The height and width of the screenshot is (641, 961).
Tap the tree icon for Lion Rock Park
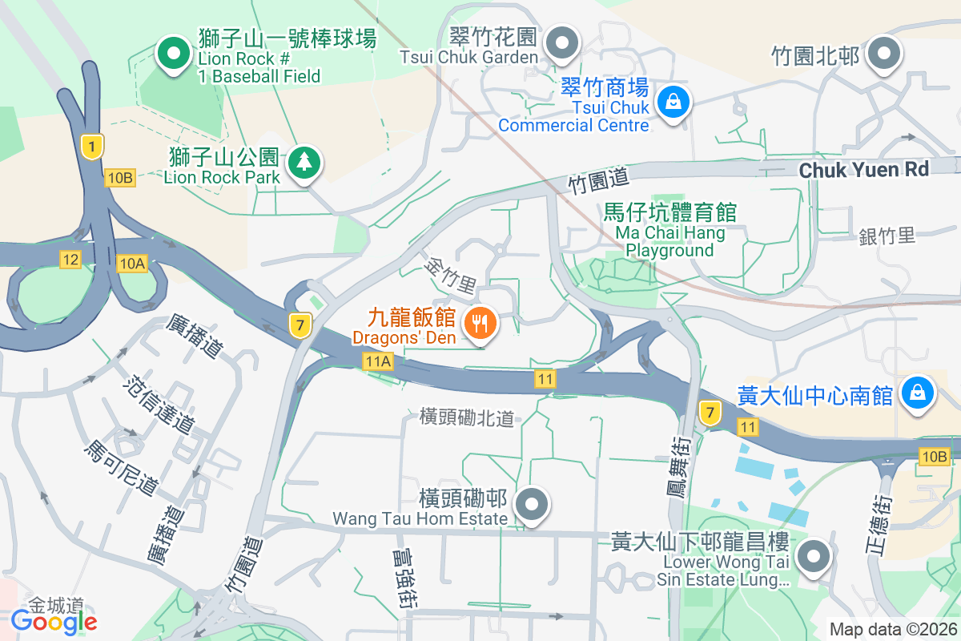pyautogui.click(x=304, y=163)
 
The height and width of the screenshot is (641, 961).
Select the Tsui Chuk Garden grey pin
pyautogui.click(x=563, y=41)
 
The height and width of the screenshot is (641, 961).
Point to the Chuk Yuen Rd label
pyautogui.click(x=863, y=170)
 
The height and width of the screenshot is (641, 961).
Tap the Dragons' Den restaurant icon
pyautogui.click(x=480, y=323)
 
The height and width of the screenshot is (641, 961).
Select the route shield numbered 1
pyautogui.click(x=93, y=146)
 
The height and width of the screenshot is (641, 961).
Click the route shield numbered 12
pyautogui.click(x=70, y=259)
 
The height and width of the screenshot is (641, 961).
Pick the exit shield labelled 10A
pyautogui.click(x=131, y=263)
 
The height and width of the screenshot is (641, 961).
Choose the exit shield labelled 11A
pyautogui.click(x=377, y=361)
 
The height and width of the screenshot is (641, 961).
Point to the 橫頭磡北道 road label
pyautogui.click(x=466, y=417)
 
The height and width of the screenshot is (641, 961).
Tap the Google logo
pyautogui.click(x=54, y=621)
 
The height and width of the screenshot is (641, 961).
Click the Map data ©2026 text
pyautogui.click(x=892, y=629)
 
